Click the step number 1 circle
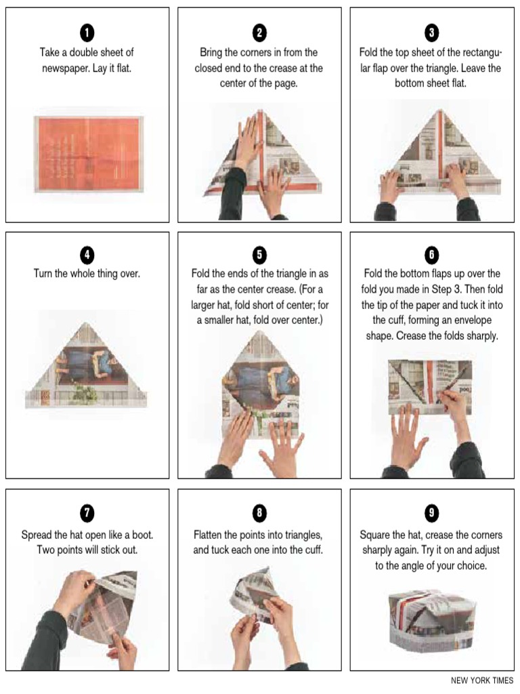87,32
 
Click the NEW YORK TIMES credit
481,680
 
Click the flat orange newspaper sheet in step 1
88,154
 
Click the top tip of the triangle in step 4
86,324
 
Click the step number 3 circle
431,32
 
